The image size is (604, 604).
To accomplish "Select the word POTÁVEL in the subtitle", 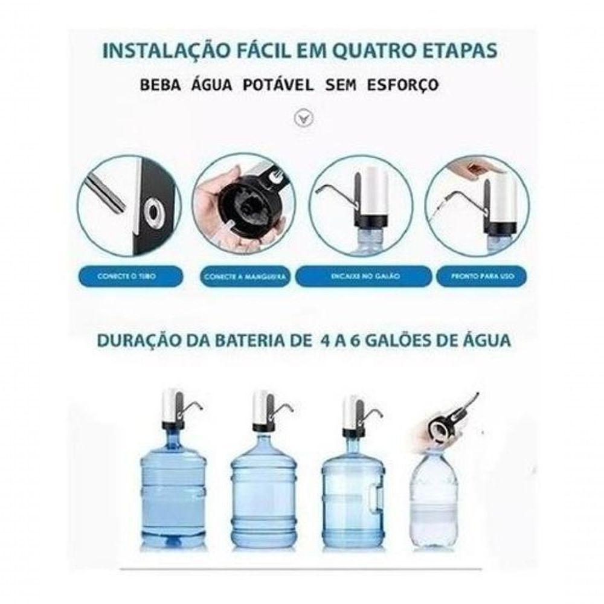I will click(278, 85).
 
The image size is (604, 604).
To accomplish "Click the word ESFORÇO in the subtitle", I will click(403, 85).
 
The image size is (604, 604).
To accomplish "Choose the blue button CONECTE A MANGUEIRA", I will click(243, 277).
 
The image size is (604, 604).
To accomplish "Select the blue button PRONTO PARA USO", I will click(481, 276).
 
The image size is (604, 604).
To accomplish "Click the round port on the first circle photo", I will click(156, 212).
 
